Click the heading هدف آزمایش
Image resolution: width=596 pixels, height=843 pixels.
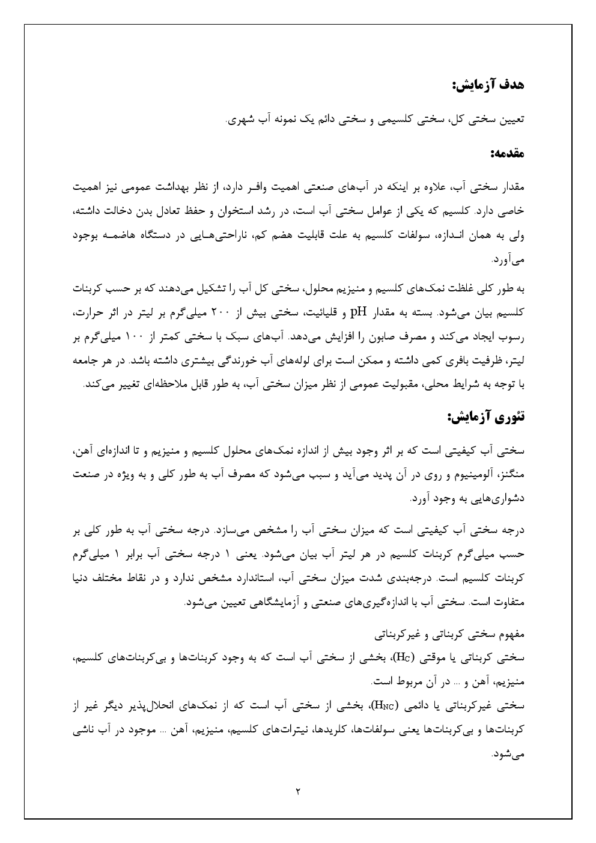pos(487,85)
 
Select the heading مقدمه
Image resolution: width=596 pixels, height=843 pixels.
pos(507,154)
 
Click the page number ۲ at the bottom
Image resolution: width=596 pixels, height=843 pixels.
pos(298,791)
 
